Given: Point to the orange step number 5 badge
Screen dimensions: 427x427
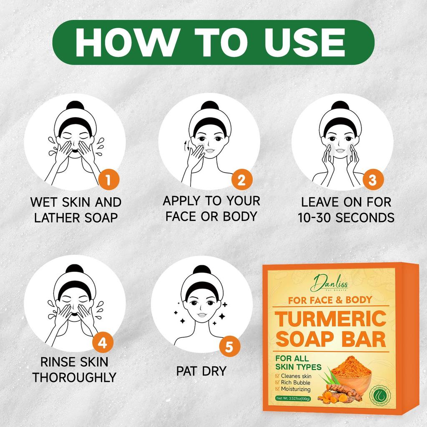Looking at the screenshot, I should pos(229,347).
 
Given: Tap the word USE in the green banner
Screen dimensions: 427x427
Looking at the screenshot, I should pos(308,41).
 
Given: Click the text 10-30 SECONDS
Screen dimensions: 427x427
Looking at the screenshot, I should pos(346,218).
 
